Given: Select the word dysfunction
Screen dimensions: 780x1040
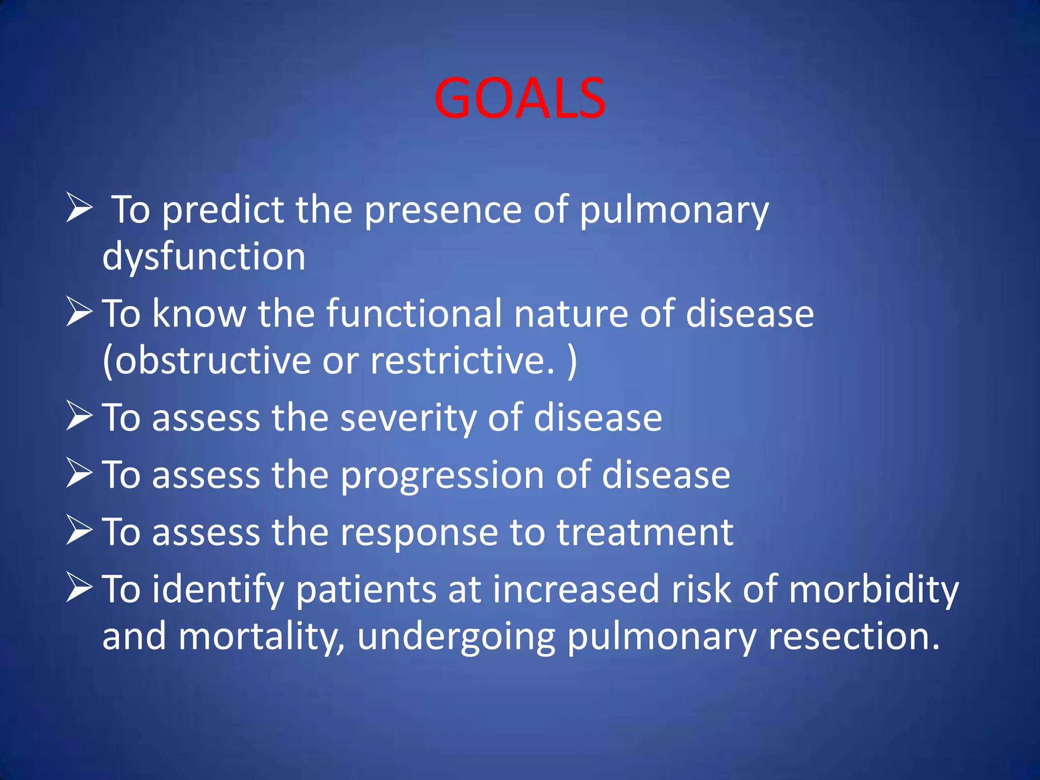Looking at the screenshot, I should point(204,257).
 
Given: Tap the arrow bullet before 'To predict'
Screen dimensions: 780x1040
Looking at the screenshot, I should point(79,208).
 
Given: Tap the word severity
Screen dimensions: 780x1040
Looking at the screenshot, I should point(407,417).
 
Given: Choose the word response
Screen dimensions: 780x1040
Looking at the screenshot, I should point(418,533).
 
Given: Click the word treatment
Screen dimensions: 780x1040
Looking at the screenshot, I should point(644,533).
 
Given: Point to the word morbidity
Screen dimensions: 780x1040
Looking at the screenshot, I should point(873,590).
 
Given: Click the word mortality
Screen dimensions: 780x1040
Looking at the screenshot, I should point(261,637).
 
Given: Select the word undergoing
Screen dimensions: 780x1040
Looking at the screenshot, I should point(456,637).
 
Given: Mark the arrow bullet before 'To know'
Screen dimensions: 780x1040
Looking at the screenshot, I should point(79,312).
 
